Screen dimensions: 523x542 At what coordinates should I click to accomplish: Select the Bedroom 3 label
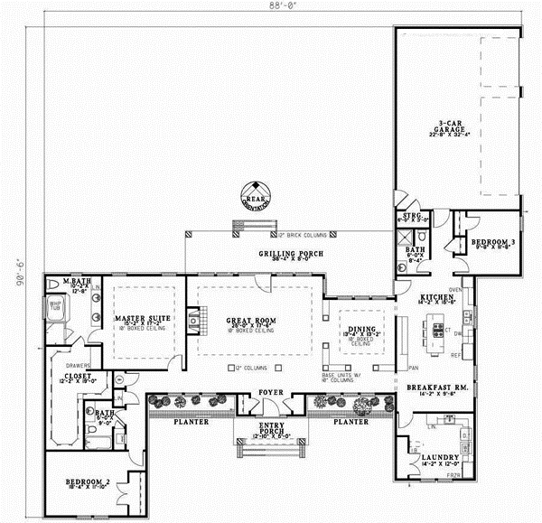coord(483,242)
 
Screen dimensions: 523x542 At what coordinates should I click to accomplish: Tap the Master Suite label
coord(136,319)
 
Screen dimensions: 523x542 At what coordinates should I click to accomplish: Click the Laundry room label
coord(440,459)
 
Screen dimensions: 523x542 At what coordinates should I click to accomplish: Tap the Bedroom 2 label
coord(88,484)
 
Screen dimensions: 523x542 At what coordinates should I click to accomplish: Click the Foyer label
coord(271,393)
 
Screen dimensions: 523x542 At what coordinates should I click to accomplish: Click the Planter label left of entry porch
coord(192,422)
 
